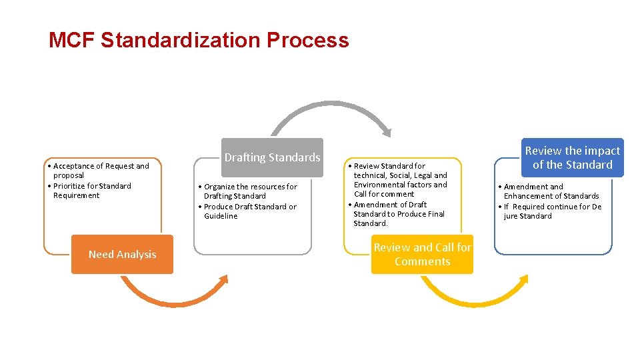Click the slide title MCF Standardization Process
[x=199, y=40]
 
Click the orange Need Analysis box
[x=122, y=254]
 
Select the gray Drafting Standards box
[x=272, y=157]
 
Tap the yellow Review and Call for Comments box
[x=422, y=254]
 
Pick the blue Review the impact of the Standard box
[x=572, y=157]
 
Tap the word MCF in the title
[x=71, y=40]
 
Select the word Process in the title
[x=307, y=40]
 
